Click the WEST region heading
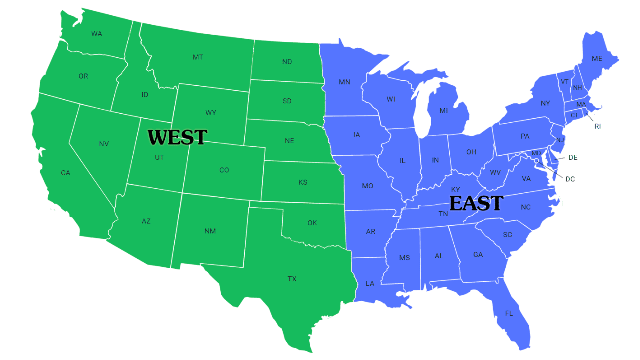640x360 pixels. [177, 137]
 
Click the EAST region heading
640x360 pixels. [476, 203]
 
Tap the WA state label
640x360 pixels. [97, 34]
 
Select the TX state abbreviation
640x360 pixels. [292, 279]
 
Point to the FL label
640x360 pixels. [509, 313]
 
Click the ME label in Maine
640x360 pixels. [597, 59]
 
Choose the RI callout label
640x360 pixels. [597, 126]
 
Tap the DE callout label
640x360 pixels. [573, 157]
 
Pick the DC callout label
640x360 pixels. [570, 179]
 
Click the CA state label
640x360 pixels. [66, 173]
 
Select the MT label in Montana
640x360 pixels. [198, 57]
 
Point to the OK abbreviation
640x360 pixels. [312, 223]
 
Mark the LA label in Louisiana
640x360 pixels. [370, 283]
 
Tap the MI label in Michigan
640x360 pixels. [444, 110]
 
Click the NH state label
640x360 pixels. [577, 88]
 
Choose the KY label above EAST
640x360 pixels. [455, 189]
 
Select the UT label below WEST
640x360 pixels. [159, 157]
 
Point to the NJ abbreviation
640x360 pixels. [560, 140]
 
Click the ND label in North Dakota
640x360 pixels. [287, 62]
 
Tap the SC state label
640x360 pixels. [507, 235]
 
